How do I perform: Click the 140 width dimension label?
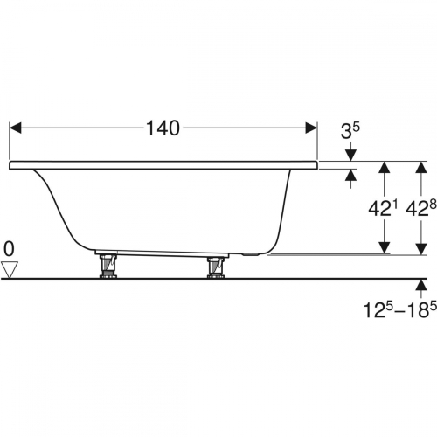pyautogui.click(x=163, y=128)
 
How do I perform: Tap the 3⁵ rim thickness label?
pyautogui.click(x=350, y=130)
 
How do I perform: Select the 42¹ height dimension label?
pyautogui.click(x=383, y=208)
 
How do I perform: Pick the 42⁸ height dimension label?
pyautogui.click(x=421, y=208)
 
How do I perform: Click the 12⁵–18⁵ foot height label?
pyautogui.click(x=400, y=309)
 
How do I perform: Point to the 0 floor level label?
pyautogui.click(x=9, y=249)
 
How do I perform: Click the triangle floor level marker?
pyautogui.click(x=10, y=270)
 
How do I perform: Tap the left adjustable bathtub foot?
pyautogui.click(x=108, y=267)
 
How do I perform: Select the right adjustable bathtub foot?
pyautogui.click(x=216, y=267)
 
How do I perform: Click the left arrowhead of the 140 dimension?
pyautogui.click(x=15, y=128)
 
